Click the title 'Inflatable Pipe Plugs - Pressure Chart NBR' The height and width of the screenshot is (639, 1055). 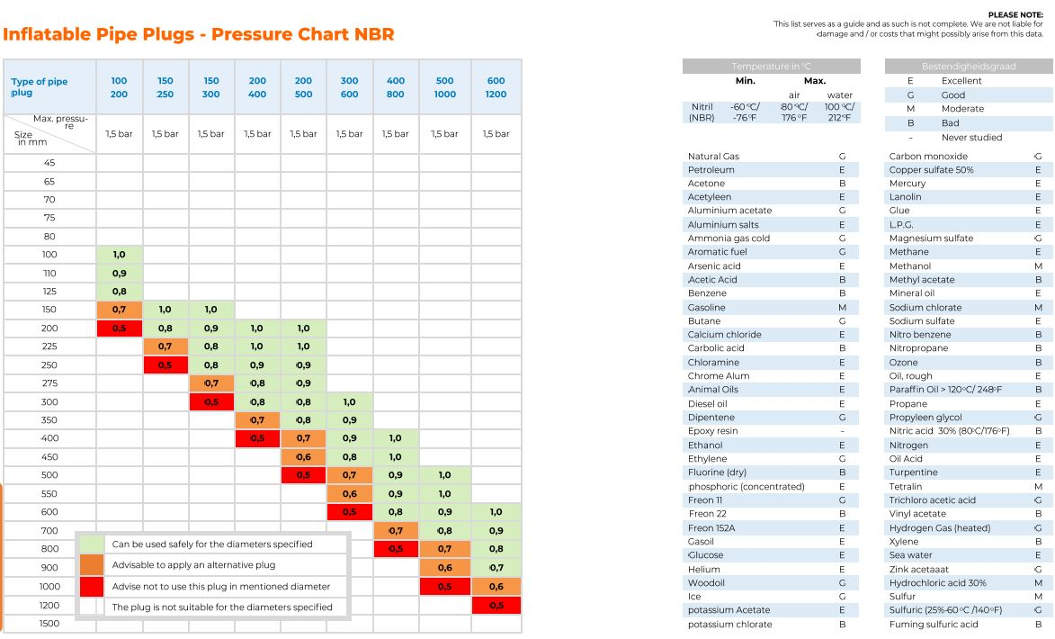pyautogui.click(x=199, y=35)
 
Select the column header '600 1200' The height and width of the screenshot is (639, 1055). pyautogui.click(x=496, y=87)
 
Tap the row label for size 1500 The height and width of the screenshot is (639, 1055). pyautogui.click(x=49, y=624)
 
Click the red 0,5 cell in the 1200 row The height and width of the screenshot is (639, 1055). pyautogui.click(x=496, y=606)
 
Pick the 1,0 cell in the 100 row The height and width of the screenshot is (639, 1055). pyautogui.click(x=120, y=255)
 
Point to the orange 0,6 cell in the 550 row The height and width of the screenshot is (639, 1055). pyautogui.click(x=350, y=493)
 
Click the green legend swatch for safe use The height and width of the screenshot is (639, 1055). pyautogui.click(x=91, y=544)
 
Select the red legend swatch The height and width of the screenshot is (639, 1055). pyautogui.click(x=91, y=586)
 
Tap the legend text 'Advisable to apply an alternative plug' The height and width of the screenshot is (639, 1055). pyautogui.click(x=193, y=565)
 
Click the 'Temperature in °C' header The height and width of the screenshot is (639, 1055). pyautogui.click(x=771, y=67)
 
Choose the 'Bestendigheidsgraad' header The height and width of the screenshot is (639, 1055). pyautogui.click(x=968, y=67)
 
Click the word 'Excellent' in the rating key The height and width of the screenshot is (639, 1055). pyautogui.click(x=961, y=81)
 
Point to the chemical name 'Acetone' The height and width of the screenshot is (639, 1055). pyautogui.click(x=706, y=184)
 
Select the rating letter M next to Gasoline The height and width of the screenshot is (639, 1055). pyautogui.click(x=842, y=308)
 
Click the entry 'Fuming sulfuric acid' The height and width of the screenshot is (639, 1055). pyautogui.click(x=934, y=625)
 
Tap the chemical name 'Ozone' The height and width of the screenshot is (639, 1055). pyautogui.click(x=904, y=363)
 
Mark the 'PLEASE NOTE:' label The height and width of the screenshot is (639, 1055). pyautogui.click(x=1015, y=15)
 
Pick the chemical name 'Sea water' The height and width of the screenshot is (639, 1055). pyautogui.click(x=911, y=555)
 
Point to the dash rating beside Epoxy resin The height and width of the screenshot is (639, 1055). pyautogui.click(x=842, y=431)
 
